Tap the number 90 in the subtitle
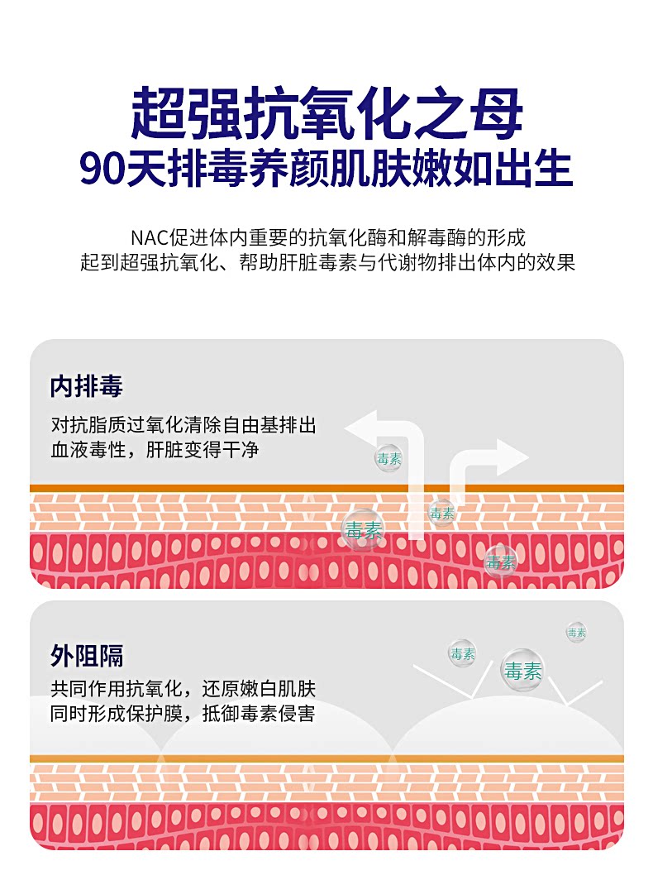click(102, 168)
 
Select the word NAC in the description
click(148, 238)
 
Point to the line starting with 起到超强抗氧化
click(326, 263)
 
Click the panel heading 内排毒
click(87, 386)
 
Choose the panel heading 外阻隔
click(87, 656)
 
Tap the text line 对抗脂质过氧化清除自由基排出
click(183, 426)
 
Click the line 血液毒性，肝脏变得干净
click(159, 450)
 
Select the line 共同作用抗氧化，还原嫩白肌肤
click(183, 689)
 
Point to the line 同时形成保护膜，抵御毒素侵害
click(183, 713)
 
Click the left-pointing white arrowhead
click(362, 430)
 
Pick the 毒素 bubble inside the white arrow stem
click(442, 513)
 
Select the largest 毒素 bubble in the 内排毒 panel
click(363, 529)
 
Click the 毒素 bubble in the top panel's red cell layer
click(501, 562)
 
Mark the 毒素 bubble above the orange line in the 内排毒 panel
click(388, 457)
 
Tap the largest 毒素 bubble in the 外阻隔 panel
click(522, 671)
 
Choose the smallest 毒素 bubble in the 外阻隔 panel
click(576, 633)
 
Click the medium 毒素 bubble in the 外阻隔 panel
click(462, 653)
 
